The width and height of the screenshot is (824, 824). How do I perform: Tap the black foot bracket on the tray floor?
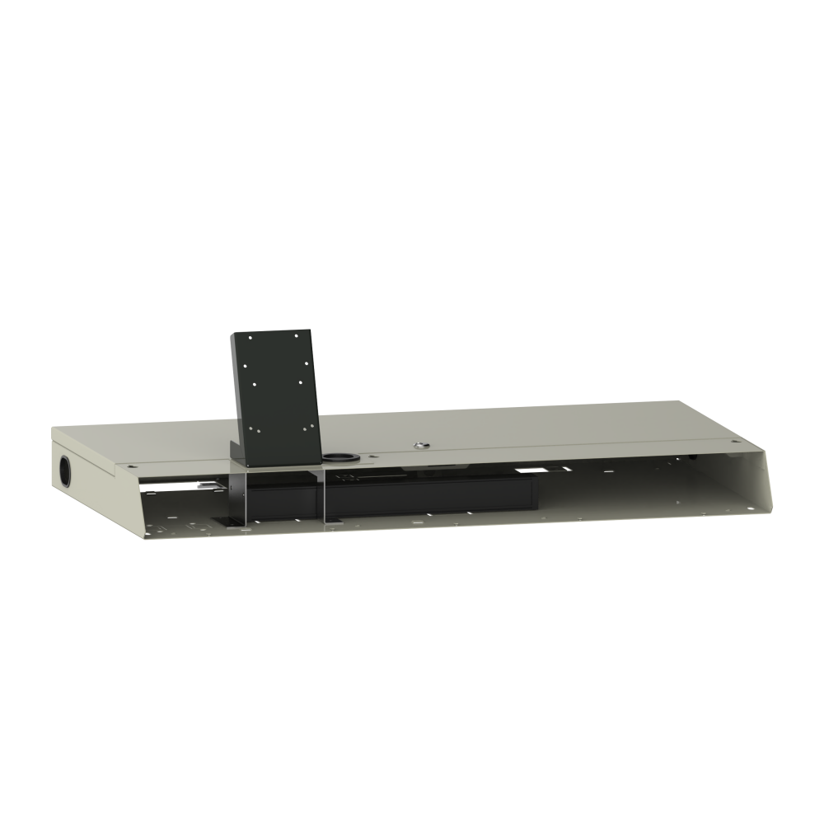[227, 520]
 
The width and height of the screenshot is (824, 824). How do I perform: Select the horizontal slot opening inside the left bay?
[177, 488]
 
